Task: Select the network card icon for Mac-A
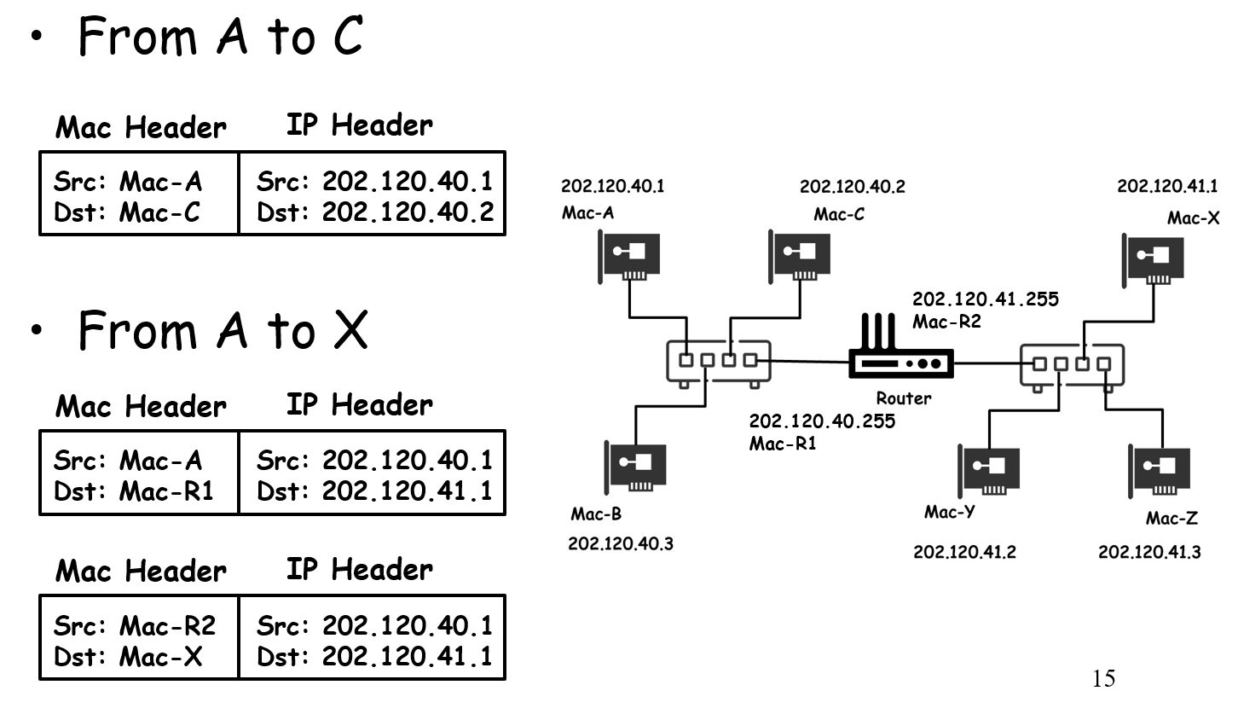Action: [633, 253]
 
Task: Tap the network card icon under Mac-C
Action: [801, 253]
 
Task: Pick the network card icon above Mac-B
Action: [635, 465]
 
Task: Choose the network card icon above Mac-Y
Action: [990, 469]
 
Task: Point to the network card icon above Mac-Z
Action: [1159, 469]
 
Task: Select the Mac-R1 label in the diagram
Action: [783, 444]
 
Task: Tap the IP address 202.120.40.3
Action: [620, 544]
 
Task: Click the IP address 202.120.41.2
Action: [964, 552]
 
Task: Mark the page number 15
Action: [1102, 679]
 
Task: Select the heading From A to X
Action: [223, 330]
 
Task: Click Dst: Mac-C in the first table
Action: [126, 212]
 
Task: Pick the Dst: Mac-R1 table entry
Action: [132, 491]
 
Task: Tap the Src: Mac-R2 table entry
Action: [134, 626]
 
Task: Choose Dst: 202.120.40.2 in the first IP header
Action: [374, 212]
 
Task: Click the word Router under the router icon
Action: [904, 398]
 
